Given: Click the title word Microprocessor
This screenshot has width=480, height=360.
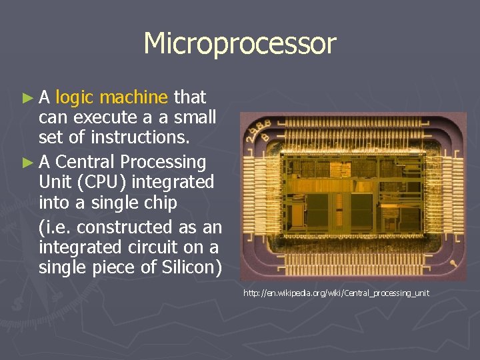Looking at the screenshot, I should [240, 44].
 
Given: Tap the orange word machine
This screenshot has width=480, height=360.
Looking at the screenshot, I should [134, 97].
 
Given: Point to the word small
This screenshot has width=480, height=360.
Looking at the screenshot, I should [195, 118].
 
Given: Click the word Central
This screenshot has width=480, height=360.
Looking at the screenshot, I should [84, 161].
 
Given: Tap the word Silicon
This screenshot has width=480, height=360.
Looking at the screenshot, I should [189, 268].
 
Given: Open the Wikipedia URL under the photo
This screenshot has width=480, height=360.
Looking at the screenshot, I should [336, 293].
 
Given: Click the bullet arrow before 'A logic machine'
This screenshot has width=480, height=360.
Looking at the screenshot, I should [27, 98].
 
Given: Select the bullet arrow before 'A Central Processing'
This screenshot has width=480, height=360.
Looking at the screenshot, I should [27, 162].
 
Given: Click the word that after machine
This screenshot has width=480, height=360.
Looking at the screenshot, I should [189, 97].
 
